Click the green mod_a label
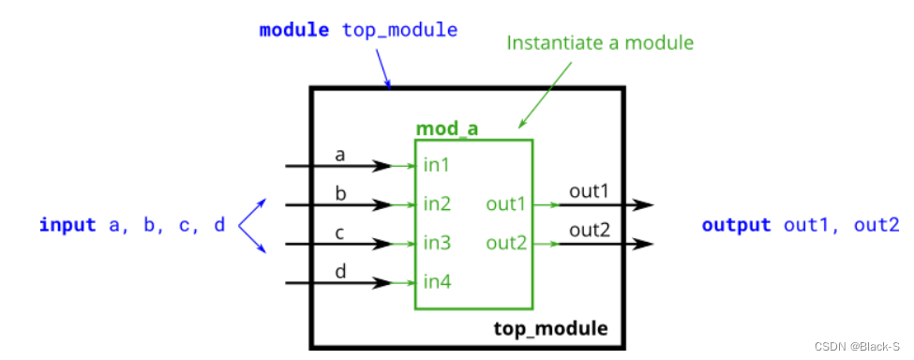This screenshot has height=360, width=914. tap(446, 128)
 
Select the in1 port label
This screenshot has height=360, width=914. tap(437, 166)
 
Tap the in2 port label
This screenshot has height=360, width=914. tap(437, 204)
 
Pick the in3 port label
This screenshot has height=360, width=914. tap(437, 244)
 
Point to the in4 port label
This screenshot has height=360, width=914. tap(437, 282)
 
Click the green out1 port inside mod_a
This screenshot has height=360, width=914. tap(506, 204)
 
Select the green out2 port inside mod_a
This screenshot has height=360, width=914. tap(506, 244)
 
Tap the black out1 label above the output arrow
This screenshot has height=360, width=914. tap(589, 191)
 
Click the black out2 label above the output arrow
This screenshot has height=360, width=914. tap(589, 230)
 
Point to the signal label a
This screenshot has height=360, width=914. tap(340, 155)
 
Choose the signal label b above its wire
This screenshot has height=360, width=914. tap(340, 192)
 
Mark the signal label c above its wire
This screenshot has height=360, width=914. tap(340, 232)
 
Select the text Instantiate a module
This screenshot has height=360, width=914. tap(600, 42)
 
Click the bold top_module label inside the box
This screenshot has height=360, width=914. tap(550, 329)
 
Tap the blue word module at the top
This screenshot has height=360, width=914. tap(293, 30)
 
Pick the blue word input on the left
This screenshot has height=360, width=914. tap(67, 225)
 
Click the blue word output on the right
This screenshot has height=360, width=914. tap(736, 225)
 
